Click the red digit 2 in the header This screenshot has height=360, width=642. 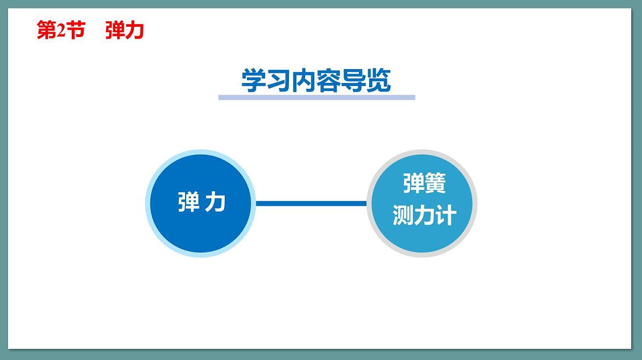pyautogui.click(x=61, y=31)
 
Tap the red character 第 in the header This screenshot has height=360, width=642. pyautogui.click(x=47, y=31)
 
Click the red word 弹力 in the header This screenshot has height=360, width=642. pyautogui.click(x=125, y=31)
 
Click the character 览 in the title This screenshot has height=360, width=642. pyautogui.click(x=378, y=81)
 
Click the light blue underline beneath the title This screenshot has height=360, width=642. pyautogui.click(x=316, y=97)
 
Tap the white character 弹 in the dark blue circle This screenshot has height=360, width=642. pyautogui.click(x=188, y=202)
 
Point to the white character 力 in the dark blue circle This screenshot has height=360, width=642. pyautogui.click(x=215, y=202)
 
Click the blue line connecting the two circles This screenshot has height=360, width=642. pyautogui.click(x=311, y=203)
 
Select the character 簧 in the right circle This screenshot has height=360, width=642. pyautogui.click(x=435, y=184)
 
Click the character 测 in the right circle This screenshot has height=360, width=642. pyautogui.click(x=403, y=215)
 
